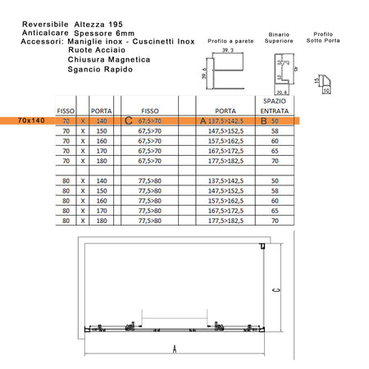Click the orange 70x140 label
(30, 120)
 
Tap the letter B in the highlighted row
(263, 120)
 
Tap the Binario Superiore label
(279, 39)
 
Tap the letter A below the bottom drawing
(175, 348)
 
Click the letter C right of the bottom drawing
(279, 288)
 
